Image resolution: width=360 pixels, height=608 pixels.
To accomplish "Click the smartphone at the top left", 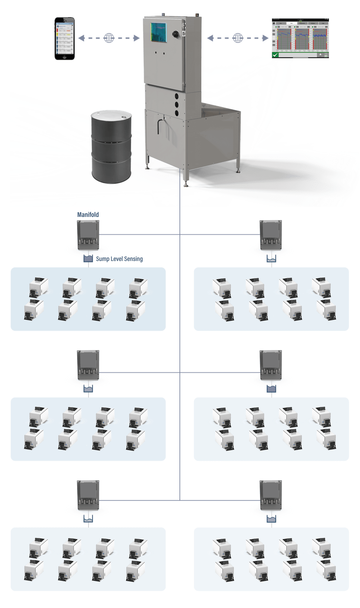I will click(64, 38).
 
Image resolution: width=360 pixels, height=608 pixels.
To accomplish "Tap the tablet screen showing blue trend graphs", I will click(300, 38).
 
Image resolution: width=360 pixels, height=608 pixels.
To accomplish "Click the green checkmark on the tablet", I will click(275, 55).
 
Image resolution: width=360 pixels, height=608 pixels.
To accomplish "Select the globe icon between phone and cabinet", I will click(109, 38).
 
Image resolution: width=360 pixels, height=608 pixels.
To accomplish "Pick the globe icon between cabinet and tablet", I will click(238, 38).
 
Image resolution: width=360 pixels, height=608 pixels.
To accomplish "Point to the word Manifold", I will click(88, 215).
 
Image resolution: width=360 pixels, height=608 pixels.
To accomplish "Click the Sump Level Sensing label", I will click(119, 259).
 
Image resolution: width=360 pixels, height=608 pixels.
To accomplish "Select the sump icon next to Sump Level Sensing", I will click(88, 259).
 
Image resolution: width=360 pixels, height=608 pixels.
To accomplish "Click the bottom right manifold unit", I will click(271, 495).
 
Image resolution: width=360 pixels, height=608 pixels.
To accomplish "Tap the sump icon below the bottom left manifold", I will click(88, 519).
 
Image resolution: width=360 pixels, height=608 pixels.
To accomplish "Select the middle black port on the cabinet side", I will click(176, 105).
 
